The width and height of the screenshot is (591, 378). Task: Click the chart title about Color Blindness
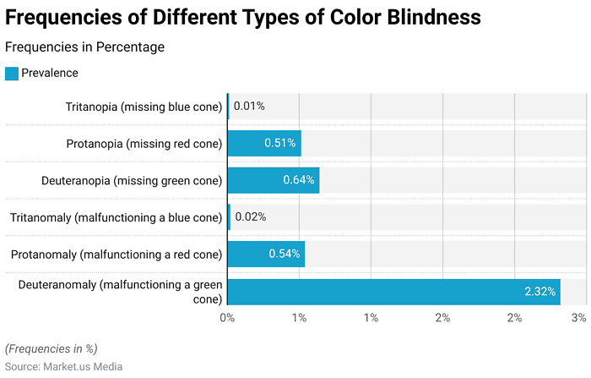click(244, 17)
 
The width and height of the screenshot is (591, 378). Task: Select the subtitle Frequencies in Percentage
click(84, 47)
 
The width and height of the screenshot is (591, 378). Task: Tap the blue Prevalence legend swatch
click(12, 74)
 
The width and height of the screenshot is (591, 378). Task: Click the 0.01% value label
click(249, 107)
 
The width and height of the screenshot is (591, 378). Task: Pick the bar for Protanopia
click(263, 144)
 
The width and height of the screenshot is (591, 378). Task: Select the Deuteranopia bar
click(273, 180)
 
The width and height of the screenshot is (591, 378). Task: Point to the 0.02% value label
click(251, 217)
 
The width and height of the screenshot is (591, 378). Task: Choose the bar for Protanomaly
click(265, 254)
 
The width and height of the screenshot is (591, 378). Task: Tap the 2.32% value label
click(539, 292)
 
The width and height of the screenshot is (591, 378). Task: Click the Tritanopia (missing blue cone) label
click(144, 107)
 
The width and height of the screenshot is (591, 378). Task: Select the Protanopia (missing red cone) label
click(144, 144)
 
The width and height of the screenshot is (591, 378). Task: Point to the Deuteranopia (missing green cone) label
click(132, 180)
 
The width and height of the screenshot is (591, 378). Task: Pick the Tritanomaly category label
click(116, 217)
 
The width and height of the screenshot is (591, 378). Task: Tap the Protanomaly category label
click(116, 254)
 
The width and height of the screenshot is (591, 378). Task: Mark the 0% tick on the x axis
click(227, 318)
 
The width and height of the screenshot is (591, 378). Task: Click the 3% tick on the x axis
click(578, 318)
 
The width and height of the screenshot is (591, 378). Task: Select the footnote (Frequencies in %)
click(52, 348)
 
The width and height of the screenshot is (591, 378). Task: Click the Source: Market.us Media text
click(63, 366)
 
